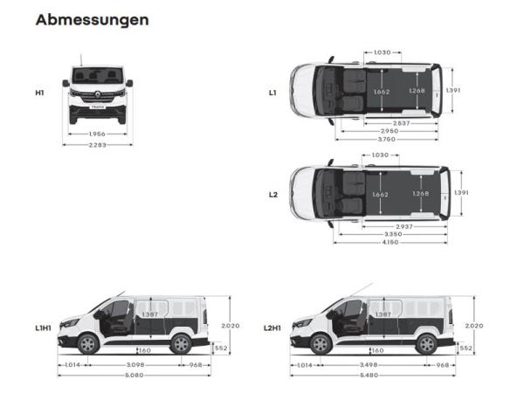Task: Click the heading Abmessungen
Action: point(92,19)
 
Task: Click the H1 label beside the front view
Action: point(39,91)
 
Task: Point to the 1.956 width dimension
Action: point(97,134)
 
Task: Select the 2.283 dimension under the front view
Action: point(97,144)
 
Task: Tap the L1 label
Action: point(272,91)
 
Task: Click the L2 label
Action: point(272,194)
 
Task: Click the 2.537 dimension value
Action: point(402,123)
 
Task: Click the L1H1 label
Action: point(43,327)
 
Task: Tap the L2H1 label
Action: point(273,327)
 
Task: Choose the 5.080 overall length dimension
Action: point(134,376)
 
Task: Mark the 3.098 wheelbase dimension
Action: point(134,364)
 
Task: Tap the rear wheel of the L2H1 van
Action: point(426,344)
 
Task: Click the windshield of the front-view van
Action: point(97,76)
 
